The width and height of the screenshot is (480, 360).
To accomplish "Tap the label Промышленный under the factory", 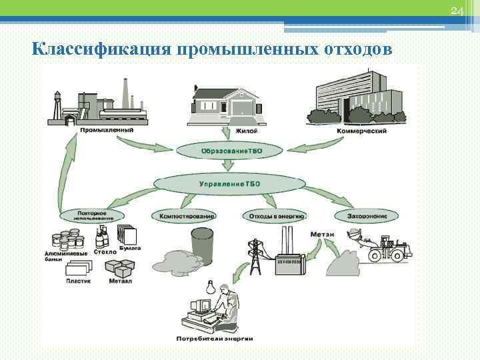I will coord(106,130).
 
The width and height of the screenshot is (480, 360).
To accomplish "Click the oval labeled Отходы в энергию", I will coord(277,216).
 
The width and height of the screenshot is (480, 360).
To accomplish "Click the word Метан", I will coord(319,235).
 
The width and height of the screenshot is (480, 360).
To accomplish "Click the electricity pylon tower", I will coord(253,255).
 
